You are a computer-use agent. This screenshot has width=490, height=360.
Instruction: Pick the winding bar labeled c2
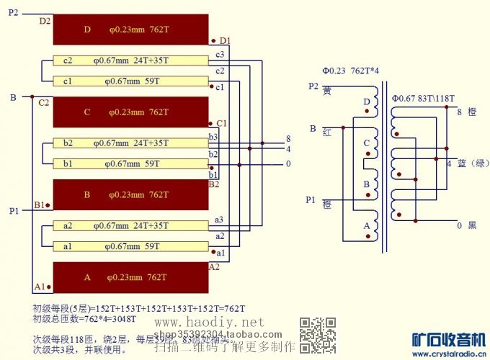coord(130,60)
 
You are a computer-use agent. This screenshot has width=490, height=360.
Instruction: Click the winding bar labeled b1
coord(130,164)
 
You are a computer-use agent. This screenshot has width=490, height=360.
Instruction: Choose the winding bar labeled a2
coord(130,225)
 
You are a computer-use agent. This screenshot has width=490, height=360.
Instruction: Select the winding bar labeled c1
coord(130,81)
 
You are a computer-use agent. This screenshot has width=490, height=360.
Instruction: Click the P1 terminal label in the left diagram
coord(14,211)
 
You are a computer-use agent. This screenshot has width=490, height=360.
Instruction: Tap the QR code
coord(318,335)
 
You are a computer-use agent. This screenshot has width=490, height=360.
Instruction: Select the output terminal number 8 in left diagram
coord(288,139)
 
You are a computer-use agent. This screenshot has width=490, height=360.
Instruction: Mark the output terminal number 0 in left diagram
coord(288,164)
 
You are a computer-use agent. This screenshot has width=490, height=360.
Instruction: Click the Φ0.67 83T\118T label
coord(423,97)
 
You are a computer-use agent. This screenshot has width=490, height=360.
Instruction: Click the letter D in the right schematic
coord(367,102)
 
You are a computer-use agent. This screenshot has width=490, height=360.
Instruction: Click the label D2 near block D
coord(45,21)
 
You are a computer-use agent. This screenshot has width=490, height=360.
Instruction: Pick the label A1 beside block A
coord(40,287)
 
